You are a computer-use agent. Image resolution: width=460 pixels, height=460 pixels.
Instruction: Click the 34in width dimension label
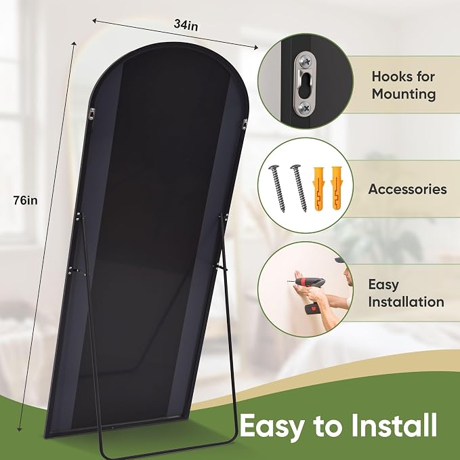coord(186,25)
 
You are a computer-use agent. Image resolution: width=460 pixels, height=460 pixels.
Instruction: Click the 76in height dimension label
coord(26,201)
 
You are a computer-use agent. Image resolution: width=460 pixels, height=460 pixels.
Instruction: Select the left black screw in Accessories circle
coord(277,188)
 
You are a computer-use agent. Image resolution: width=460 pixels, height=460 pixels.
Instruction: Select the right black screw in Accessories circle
coord(299,188)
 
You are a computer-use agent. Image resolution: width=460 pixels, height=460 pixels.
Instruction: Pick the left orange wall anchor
coord(319,188)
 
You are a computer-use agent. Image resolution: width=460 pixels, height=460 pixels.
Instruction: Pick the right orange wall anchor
coord(337,188)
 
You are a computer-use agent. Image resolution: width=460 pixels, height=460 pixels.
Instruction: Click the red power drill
coord(311,294)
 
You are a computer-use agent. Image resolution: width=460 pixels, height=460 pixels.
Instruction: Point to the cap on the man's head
coord(339,259)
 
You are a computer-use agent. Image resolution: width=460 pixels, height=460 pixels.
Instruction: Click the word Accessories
coord(407,189)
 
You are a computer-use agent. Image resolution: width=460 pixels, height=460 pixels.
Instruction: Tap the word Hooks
coord(392,77)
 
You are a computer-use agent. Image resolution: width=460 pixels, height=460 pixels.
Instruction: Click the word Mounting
coord(404,94)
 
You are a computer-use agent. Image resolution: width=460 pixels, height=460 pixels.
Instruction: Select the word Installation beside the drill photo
coord(406,302)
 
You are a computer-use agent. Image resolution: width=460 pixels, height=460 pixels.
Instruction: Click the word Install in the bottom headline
coord(394,425)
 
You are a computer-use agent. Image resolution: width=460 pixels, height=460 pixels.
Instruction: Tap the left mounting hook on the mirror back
coord(92,114)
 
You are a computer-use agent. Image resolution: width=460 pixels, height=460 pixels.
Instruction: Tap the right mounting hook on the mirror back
coord(245,124)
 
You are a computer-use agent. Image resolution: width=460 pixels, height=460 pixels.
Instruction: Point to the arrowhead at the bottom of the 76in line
coord(20,429)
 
